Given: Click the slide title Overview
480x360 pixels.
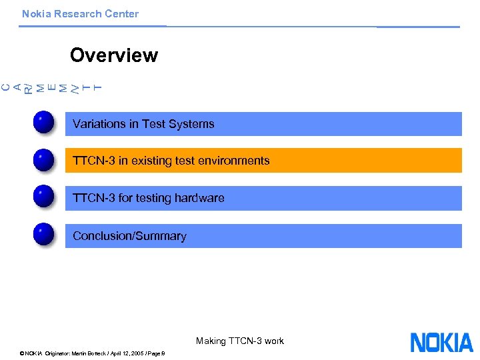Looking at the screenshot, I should point(113,55).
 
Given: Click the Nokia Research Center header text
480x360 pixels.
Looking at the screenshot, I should point(80,14).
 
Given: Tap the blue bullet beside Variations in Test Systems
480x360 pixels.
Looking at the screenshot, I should point(43,123).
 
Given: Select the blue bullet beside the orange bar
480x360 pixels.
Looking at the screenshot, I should point(43,161).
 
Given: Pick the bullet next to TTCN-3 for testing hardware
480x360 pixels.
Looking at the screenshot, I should point(43,198).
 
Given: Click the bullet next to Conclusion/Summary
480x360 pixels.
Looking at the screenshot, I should point(43,235).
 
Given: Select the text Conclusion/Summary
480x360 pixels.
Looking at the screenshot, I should point(129,236).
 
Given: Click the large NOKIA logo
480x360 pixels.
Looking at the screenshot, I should point(441,343).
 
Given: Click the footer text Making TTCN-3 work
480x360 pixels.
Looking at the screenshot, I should point(239,341).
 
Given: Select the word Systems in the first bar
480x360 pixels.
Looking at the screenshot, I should point(194,124).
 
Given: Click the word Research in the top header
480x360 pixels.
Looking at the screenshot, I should point(75,14).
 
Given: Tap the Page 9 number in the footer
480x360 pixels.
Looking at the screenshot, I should point(158,353).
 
